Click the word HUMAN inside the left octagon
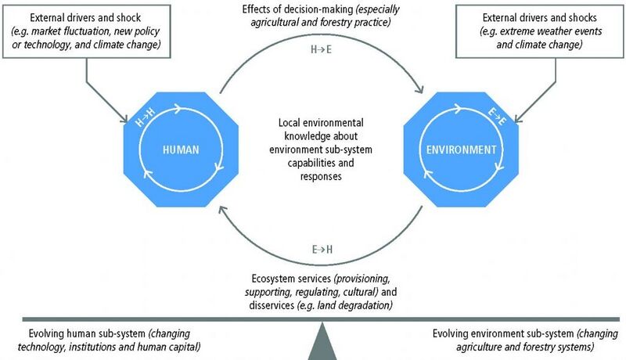(x=181, y=149)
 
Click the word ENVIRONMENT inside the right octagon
(x=461, y=149)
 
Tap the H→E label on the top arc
(x=321, y=49)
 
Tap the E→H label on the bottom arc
(x=322, y=250)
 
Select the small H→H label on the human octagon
(x=145, y=117)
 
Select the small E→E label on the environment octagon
(x=497, y=117)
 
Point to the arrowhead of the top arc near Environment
(x=419, y=88)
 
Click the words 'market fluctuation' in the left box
(x=70, y=31)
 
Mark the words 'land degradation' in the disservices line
(x=357, y=305)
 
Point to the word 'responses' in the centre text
(x=321, y=176)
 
